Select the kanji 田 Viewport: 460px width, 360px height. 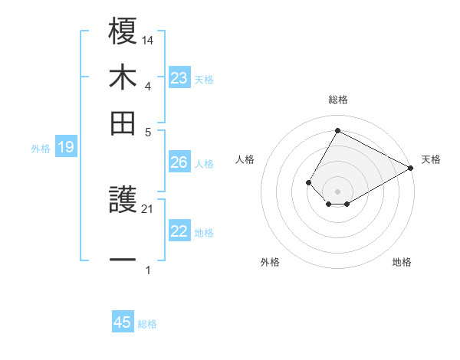123,123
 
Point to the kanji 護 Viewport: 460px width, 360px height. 123,201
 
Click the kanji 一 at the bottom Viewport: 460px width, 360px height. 123,260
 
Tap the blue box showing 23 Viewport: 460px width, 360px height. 179,78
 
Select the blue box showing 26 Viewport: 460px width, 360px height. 179,162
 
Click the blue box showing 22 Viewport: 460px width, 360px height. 179,231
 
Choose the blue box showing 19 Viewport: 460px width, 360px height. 66,148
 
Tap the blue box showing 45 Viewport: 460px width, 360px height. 123,322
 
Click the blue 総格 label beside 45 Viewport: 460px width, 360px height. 147,324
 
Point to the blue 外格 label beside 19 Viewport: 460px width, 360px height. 41,149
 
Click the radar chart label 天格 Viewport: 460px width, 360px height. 432,159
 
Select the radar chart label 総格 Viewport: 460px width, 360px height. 338,100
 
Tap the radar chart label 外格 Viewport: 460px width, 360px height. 270,262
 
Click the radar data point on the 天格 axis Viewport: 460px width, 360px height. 410,169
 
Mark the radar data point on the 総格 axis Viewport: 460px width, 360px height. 337,130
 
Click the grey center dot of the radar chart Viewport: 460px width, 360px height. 337,191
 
